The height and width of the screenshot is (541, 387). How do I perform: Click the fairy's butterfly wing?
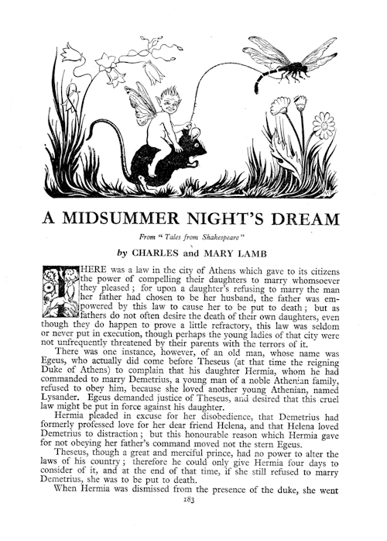[143, 102]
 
